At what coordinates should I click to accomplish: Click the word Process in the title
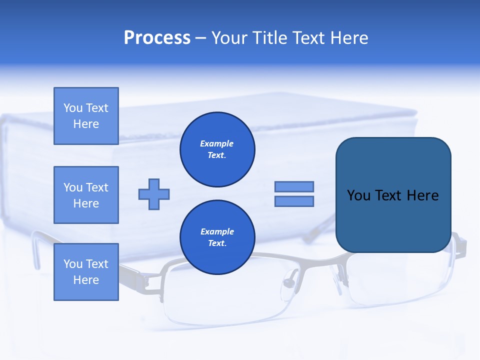coord(157,38)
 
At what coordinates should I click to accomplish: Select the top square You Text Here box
coord(86,116)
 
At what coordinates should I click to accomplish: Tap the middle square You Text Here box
coord(86,195)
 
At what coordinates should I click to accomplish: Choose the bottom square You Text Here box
coord(86,272)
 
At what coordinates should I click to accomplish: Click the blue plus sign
coord(154,194)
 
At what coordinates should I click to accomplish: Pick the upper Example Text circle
coord(217,149)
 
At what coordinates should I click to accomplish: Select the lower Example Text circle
coord(217,237)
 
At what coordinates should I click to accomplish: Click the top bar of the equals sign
coord(294,186)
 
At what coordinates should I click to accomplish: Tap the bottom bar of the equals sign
coord(294,201)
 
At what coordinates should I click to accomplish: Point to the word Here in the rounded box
coord(422,195)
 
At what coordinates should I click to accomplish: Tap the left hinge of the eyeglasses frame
coord(150,282)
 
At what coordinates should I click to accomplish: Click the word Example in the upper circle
coord(217,143)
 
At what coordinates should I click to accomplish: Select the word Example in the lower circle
coord(217,231)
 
